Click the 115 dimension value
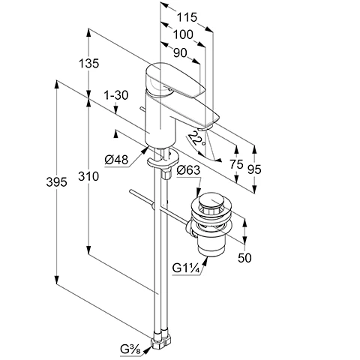click(187, 17)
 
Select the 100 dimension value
click(183, 34)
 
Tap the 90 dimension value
click(180, 52)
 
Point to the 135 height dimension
click(88, 64)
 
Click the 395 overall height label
click(56, 182)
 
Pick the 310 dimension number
click(88, 176)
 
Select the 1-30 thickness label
click(116, 95)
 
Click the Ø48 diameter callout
click(116, 160)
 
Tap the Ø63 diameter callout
click(188, 170)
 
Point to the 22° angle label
click(196, 139)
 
